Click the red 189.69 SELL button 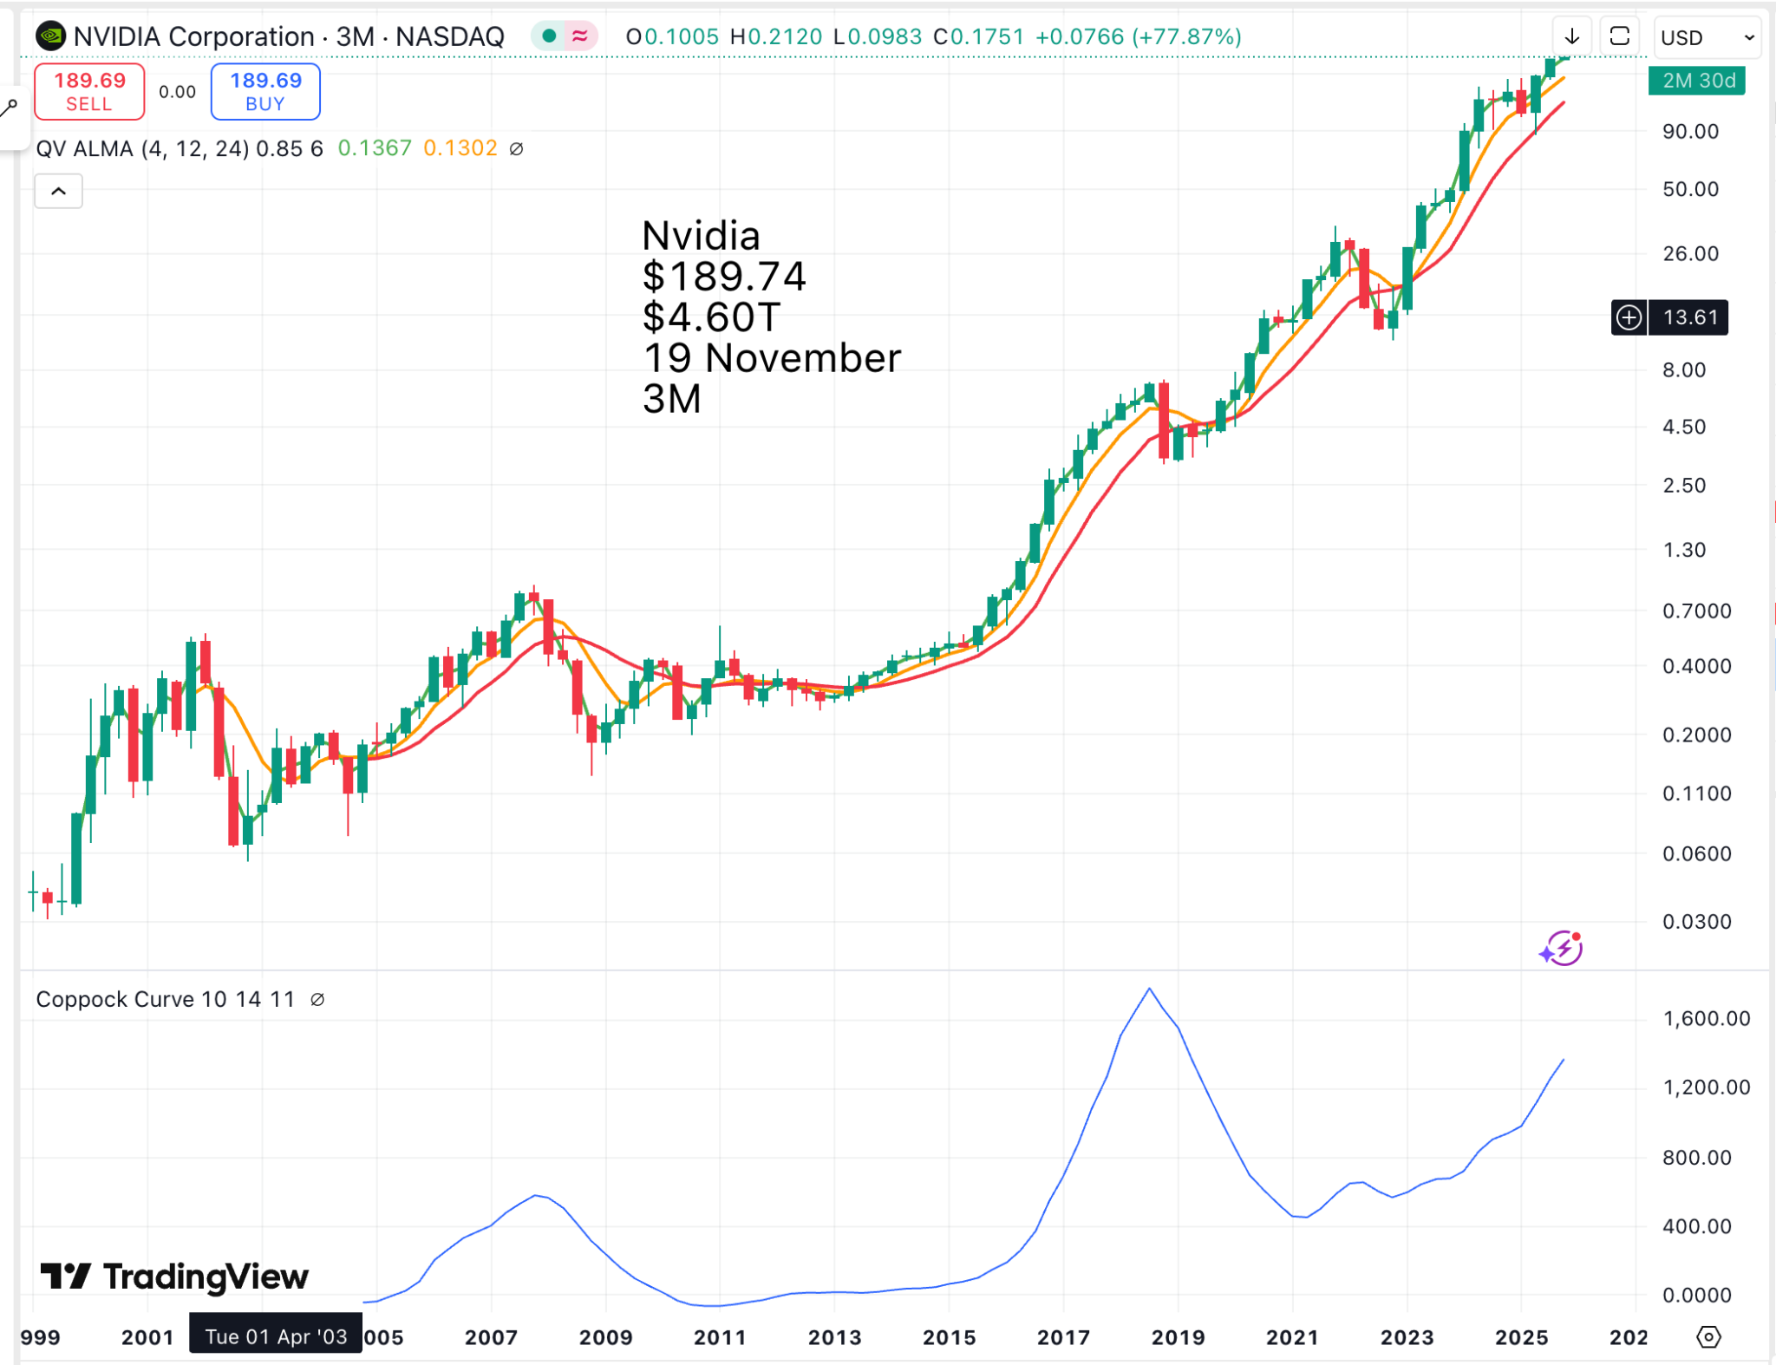tap(89, 91)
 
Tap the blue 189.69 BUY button tap(265, 91)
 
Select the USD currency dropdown tap(1706, 37)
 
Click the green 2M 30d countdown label tap(1697, 81)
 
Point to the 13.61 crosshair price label tap(1688, 317)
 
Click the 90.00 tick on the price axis tap(1690, 132)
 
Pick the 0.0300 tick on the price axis tap(1696, 922)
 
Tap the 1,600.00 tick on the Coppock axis tap(1706, 1019)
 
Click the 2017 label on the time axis tap(1063, 1337)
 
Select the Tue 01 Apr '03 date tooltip tap(276, 1336)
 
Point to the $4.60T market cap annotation tap(711, 317)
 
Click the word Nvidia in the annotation tap(701, 236)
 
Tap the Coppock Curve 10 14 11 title tap(165, 999)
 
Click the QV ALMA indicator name tap(84, 148)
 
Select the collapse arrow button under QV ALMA tap(58, 191)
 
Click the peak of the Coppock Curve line tap(1150, 989)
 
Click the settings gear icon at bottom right tap(1708, 1337)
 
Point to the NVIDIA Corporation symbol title tap(193, 36)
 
